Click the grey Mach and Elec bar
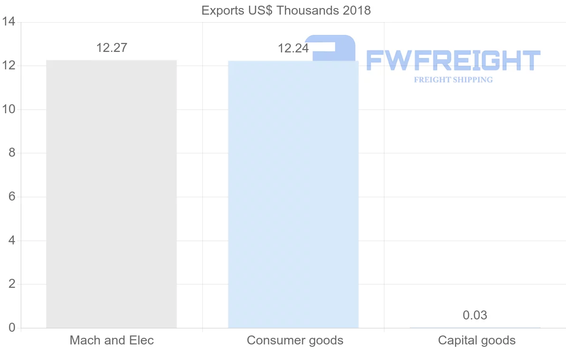click(x=111, y=194)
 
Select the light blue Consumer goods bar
click(x=293, y=194)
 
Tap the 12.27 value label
click(x=112, y=48)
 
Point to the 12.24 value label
click(x=293, y=48)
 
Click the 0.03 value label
click(x=475, y=315)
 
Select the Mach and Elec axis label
click(x=112, y=340)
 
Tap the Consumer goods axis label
click(x=295, y=340)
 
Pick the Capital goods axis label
click(x=476, y=340)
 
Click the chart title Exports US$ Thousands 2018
click(x=286, y=10)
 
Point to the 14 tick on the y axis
click(x=8, y=22)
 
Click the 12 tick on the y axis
click(x=8, y=66)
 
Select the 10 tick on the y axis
click(x=8, y=109)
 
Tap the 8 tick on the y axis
click(x=12, y=153)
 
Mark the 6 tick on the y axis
click(x=12, y=197)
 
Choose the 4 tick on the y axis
click(x=12, y=241)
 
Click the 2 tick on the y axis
click(x=12, y=284)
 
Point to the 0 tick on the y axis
click(x=12, y=328)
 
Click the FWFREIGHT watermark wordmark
click(x=453, y=60)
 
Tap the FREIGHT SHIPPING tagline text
click(x=453, y=80)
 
